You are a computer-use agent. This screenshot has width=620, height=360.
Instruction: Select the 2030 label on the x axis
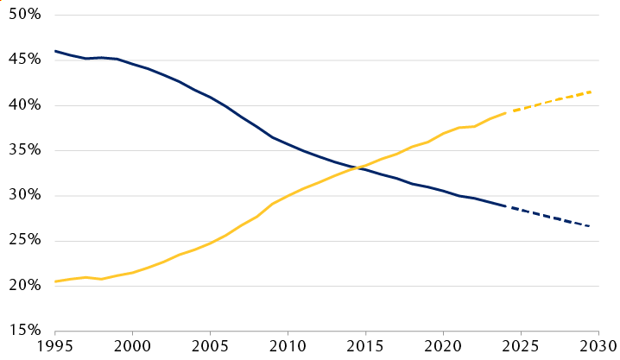coord(598,346)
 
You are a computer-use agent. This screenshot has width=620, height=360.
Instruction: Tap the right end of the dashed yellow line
coord(592,92)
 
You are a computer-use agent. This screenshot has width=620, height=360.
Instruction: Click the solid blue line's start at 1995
coord(55,51)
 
